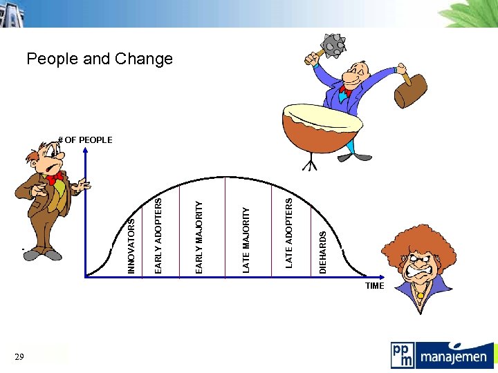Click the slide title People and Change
(x=100, y=59)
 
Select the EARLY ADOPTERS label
(x=158, y=235)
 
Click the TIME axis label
(x=374, y=285)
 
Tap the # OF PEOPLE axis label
(x=85, y=140)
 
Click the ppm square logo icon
(x=403, y=355)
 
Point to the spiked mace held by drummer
(x=335, y=44)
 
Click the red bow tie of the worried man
(x=55, y=178)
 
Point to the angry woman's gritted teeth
(x=422, y=271)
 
